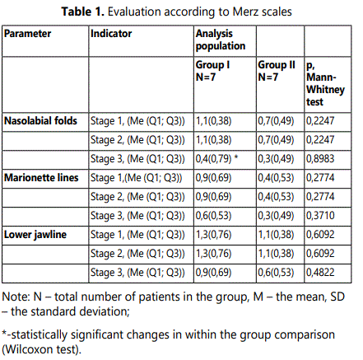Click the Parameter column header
click(x=27, y=34)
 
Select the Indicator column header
click(x=111, y=34)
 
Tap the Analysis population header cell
click(x=221, y=40)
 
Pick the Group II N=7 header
click(x=277, y=71)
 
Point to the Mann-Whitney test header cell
click(x=325, y=83)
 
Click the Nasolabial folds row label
click(x=40, y=121)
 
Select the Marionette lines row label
click(x=41, y=178)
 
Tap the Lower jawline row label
click(x=35, y=235)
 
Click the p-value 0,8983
click(x=320, y=159)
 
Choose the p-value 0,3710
click(x=320, y=216)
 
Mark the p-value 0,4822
click(x=320, y=273)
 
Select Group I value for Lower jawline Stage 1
click(x=213, y=235)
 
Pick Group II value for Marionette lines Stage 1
click(x=276, y=178)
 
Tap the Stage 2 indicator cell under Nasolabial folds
click(x=137, y=140)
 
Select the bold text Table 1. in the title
click(x=83, y=12)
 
